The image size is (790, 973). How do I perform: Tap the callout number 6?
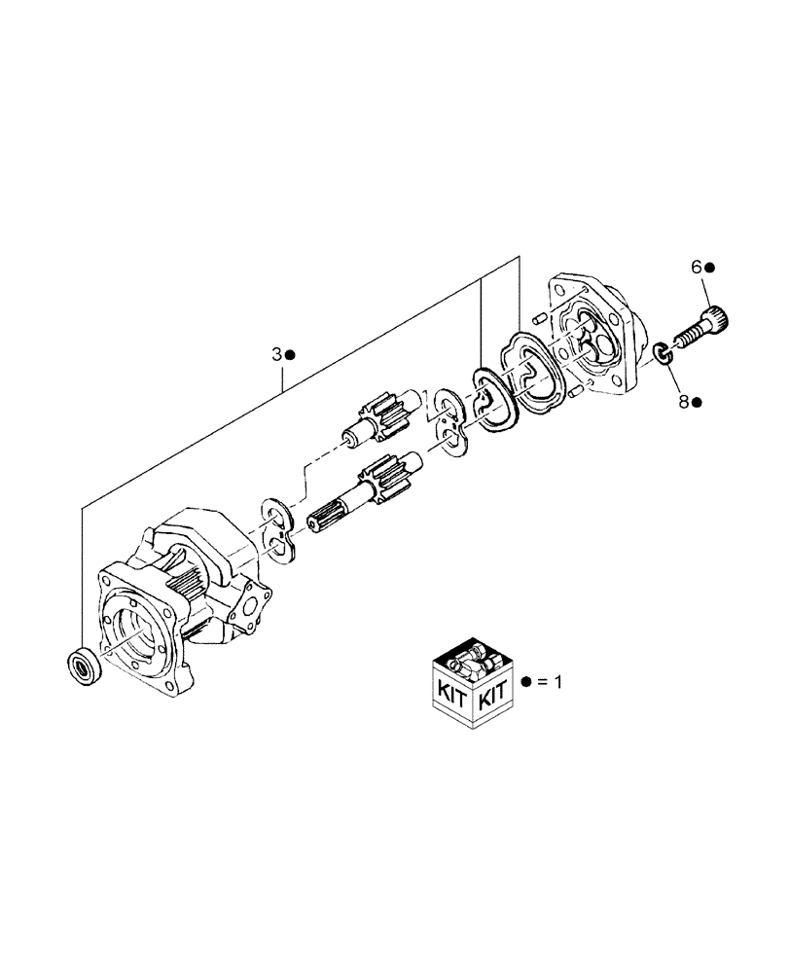pyautogui.click(x=696, y=267)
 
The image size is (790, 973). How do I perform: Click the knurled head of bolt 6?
pyautogui.click(x=718, y=316)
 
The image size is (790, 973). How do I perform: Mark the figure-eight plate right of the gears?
pyautogui.click(x=449, y=422)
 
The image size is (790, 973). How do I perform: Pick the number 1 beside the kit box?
pyautogui.click(x=557, y=682)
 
